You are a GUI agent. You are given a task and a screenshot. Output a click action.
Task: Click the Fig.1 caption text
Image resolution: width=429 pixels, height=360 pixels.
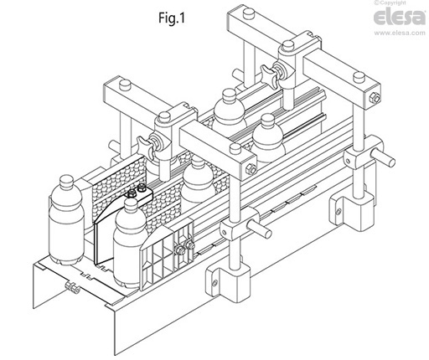click(x=172, y=18)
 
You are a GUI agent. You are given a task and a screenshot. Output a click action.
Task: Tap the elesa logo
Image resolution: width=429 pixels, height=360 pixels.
click(x=400, y=17)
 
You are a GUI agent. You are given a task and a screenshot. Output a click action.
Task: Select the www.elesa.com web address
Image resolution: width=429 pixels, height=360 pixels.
click(x=400, y=33)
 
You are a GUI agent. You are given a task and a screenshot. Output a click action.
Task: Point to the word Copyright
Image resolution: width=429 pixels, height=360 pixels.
click(x=392, y=3)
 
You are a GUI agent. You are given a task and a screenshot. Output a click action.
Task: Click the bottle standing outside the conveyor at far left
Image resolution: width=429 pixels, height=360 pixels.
click(x=66, y=220)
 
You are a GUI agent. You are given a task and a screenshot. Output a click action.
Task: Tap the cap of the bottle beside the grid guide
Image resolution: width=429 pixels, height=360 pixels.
click(x=132, y=204)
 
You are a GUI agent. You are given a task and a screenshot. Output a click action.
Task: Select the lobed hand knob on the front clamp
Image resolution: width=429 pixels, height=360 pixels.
click(x=146, y=144)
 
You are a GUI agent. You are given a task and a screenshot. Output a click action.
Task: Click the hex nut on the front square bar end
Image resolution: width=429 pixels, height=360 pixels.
click(x=251, y=169)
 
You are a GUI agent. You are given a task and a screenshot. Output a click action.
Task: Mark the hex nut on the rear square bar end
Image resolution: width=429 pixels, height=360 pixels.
click(x=375, y=98)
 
